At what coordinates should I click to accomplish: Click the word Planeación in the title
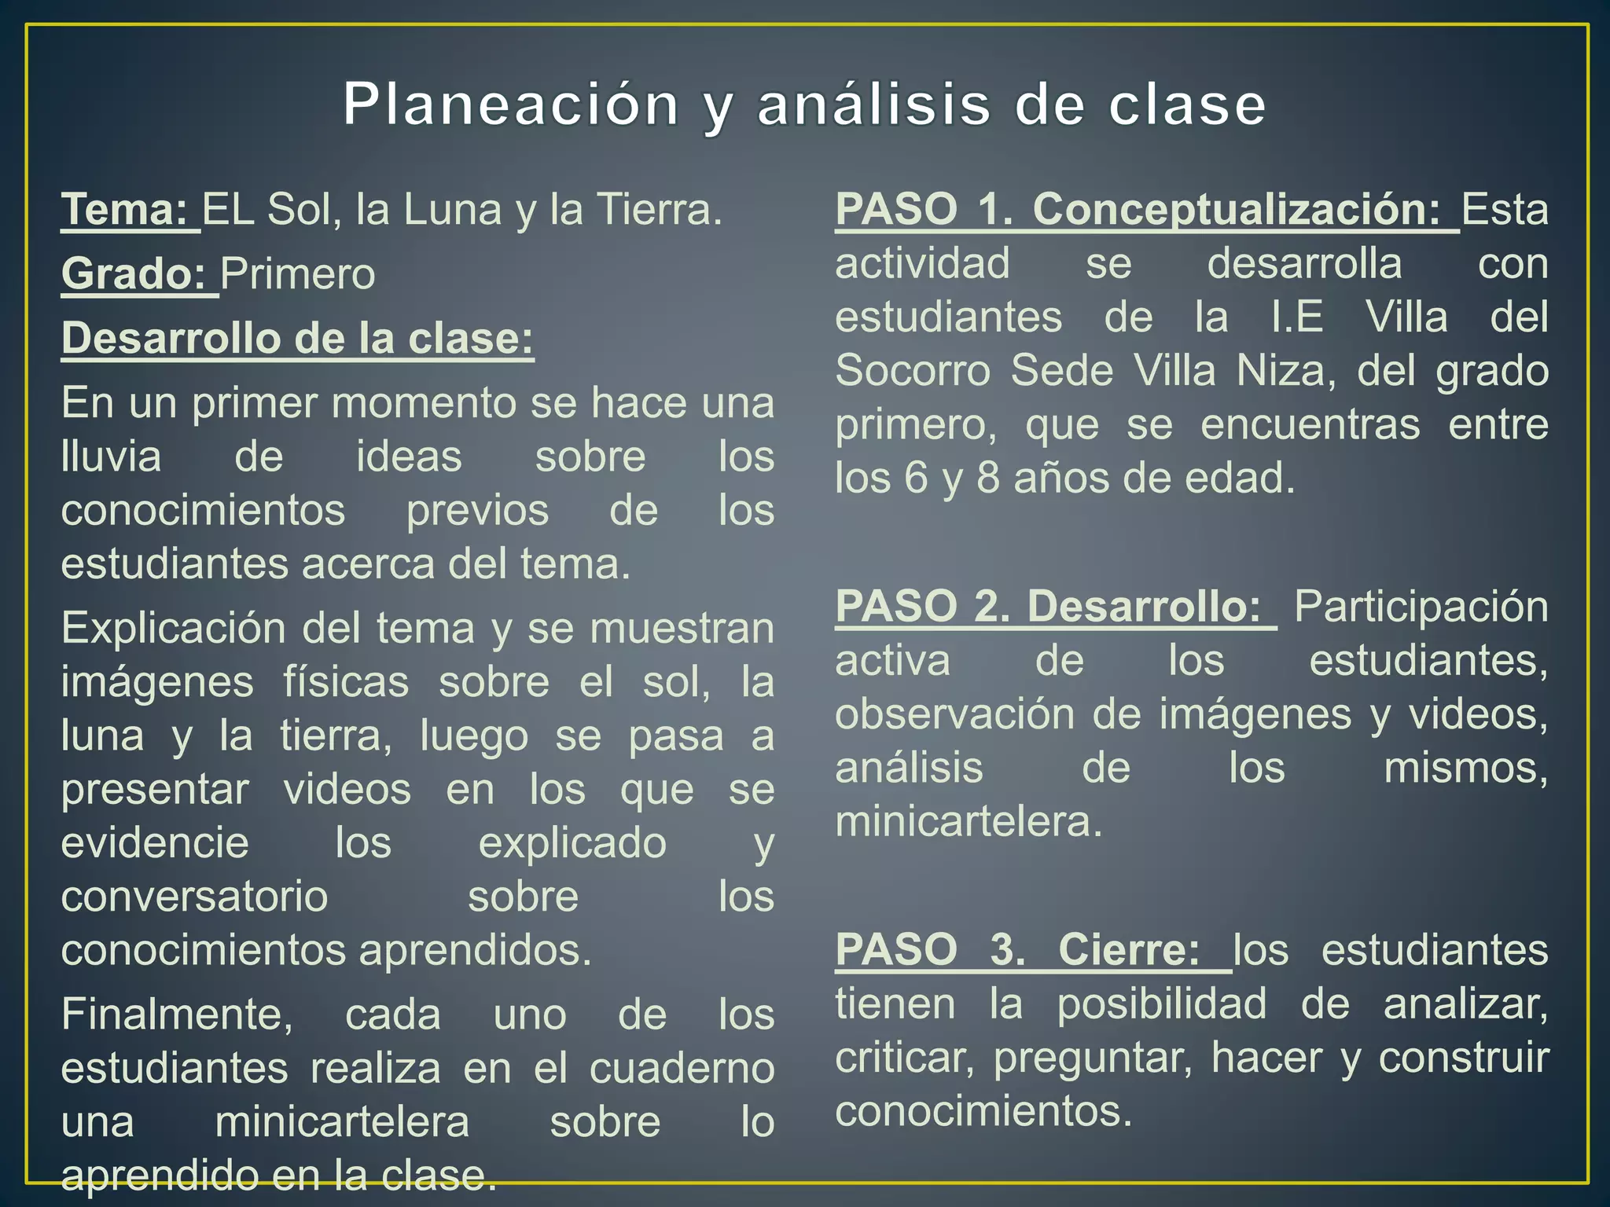tap(511, 105)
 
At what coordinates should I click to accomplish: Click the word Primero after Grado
tap(298, 274)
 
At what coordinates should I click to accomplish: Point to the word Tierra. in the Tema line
tap(659, 210)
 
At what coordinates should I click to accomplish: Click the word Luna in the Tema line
tap(452, 210)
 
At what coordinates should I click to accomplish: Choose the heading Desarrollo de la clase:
tap(298, 339)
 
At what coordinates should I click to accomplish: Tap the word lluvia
tap(111, 457)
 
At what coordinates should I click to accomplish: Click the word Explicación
tap(175, 629)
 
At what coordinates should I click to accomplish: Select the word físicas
tap(346, 682)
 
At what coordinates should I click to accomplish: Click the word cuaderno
tap(682, 1069)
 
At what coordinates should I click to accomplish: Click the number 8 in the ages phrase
tap(987, 479)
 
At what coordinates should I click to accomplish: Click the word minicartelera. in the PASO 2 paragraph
tap(969, 823)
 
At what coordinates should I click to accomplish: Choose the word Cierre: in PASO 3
tap(1130, 950)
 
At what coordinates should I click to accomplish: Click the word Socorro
tap(912, 371)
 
